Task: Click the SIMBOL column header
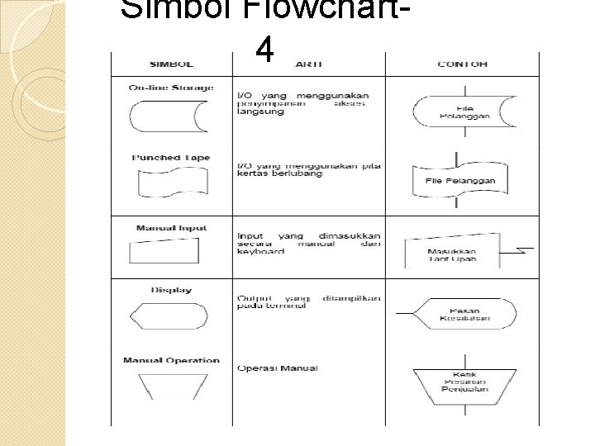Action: point(171,64)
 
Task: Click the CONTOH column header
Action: point(462,64)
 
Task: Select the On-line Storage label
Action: point(171,88)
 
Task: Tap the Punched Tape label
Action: point(171,158)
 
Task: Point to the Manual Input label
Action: point(171,228)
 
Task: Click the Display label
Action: point(171,290)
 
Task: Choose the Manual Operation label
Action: point(171,360)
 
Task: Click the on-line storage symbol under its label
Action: point(171,116)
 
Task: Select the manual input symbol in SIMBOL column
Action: point(171,251)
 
